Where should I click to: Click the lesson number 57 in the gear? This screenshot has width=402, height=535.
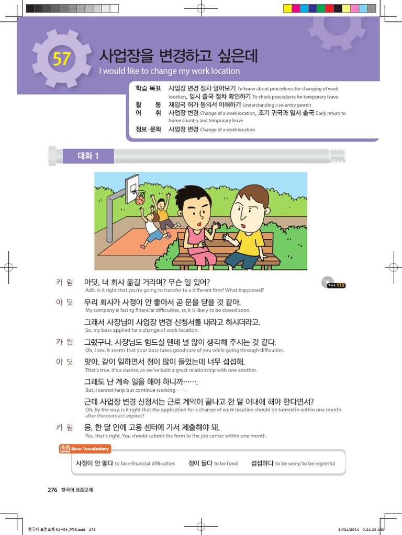click(x=61, y=59)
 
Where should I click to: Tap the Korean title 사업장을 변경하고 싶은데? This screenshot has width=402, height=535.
click(x=178, y=56)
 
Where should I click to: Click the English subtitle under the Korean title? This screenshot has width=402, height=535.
click(x=169, y=71)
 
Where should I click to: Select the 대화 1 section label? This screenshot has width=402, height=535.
click(x=88, y=155)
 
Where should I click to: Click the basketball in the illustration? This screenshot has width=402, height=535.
click(x=140, y=200)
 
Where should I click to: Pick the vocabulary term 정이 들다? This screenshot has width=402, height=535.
click(x=200, y=463)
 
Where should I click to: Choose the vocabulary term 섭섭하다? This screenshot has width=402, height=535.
click(x=262, y=463)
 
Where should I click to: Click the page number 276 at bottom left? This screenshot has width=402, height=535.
click(x=52, y=490)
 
